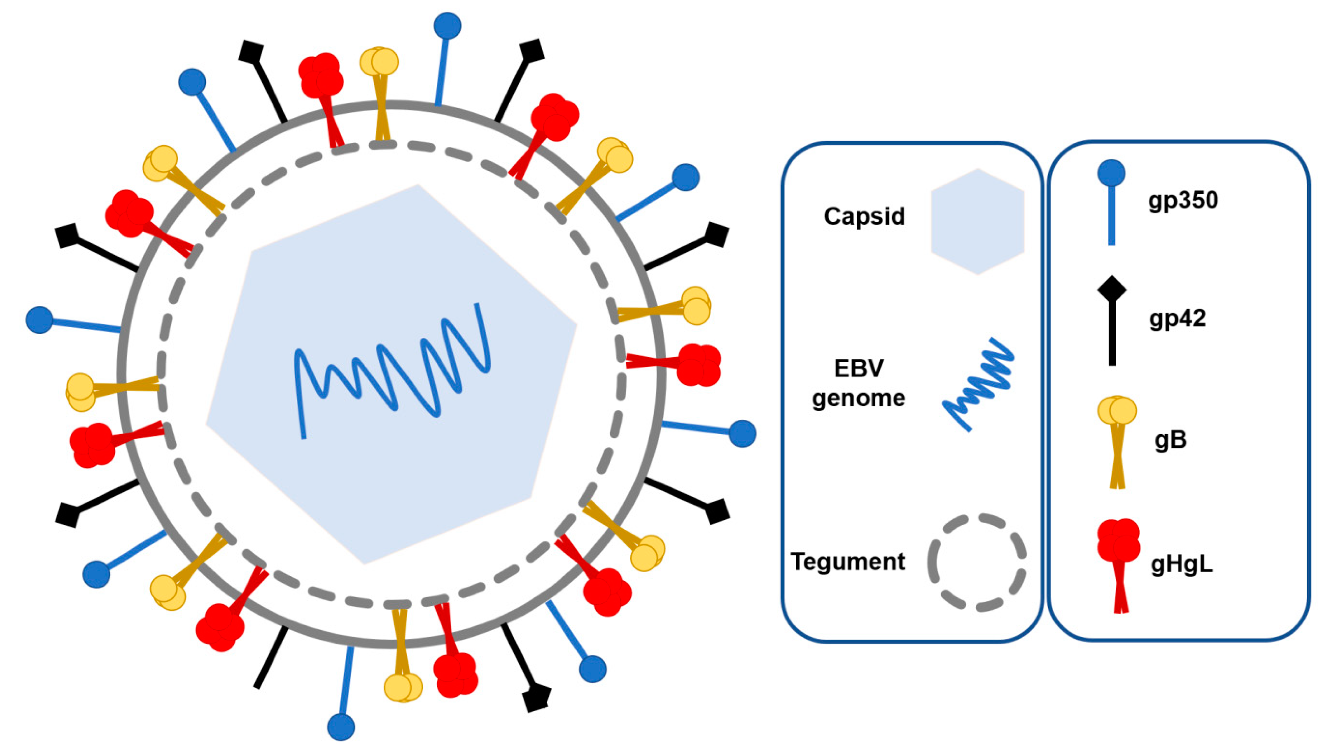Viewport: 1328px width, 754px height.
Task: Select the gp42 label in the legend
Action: click(1177, 318)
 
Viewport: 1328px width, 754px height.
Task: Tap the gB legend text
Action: click(1170, 440)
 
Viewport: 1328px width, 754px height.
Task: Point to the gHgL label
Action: click(1182, 564)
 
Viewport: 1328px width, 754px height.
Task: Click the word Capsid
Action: click(864, 216)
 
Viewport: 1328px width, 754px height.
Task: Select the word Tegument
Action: click(848, 561)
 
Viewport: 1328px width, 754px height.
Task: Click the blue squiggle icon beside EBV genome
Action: click(978, 384)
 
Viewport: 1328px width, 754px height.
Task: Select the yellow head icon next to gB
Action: click(1117, 411)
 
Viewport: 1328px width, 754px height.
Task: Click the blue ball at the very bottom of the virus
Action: click(341, 726)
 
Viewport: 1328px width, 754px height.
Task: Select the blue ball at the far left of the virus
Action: click(39, 319)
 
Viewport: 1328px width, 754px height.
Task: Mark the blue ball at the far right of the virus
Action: click(742, 433)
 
